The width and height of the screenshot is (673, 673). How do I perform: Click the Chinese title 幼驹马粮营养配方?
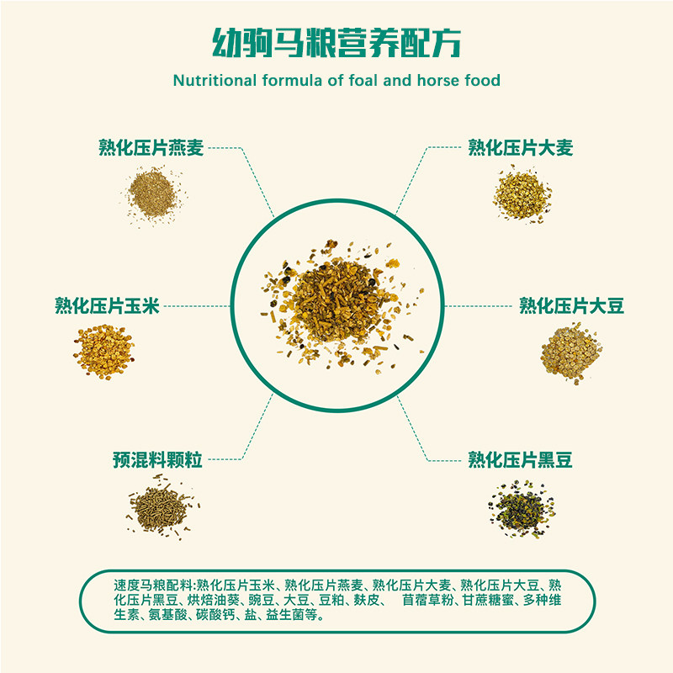pos(336,43)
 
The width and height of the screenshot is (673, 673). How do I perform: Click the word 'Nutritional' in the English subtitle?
pos(215,80)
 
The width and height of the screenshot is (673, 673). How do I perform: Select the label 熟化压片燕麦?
pos(151,148)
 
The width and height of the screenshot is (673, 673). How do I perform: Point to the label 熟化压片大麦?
pos(520,148)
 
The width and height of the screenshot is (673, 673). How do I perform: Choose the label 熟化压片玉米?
pos(107,306)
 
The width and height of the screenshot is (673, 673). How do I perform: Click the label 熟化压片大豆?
pos(571,306)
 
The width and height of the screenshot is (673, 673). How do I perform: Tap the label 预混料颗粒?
pos(157,459)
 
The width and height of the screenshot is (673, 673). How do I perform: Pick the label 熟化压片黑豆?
pos(520,459)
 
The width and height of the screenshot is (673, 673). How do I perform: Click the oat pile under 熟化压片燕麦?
pos(153,195)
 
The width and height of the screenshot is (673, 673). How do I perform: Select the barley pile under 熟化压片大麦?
pos(522,195)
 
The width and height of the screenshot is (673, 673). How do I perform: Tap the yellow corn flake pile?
pos(104,352)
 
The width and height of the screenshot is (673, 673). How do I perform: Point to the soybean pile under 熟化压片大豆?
pos(571,353)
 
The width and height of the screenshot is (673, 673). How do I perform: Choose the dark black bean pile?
pos(522,510)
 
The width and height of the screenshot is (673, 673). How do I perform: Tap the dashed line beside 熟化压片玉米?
pos(197,306)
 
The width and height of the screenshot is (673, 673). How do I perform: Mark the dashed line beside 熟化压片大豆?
pos(478,306)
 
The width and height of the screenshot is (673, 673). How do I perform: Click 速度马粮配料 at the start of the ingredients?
pos(153,586)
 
